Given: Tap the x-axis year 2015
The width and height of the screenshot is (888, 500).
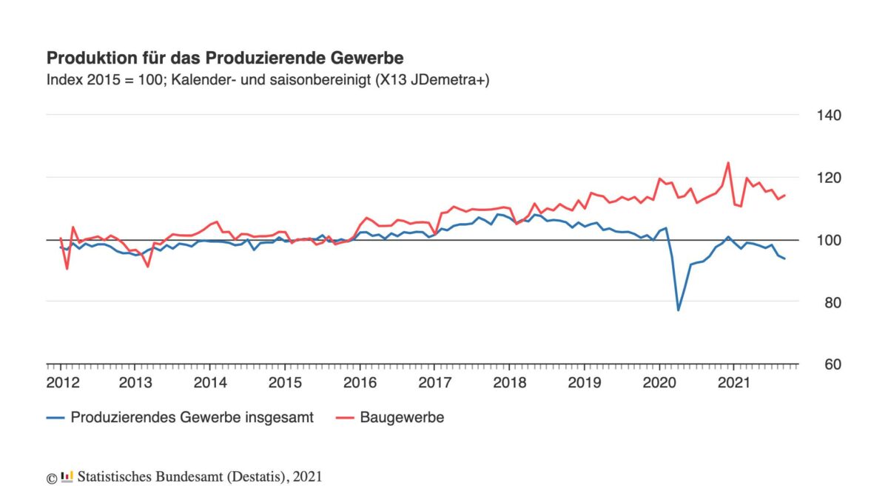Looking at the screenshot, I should (284, 383).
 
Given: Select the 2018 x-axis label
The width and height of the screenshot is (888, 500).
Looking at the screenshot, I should (509, 383).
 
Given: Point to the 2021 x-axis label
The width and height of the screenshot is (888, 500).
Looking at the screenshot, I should (733, 383).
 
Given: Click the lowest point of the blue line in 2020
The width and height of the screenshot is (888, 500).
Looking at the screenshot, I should (678, 310).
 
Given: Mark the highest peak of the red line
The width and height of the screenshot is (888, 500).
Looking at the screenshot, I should (728, 163).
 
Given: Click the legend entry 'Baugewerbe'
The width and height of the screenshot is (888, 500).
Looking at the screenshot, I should (402, 418).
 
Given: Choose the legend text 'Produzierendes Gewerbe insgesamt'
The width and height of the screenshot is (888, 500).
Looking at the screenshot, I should (192, 418).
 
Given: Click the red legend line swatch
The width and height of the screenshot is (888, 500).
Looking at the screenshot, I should (344, 418).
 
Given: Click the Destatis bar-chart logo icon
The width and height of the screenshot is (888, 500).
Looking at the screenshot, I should (67, 476).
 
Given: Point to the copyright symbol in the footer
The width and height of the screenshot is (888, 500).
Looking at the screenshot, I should (51, 478).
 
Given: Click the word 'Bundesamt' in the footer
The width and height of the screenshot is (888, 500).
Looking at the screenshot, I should (185, 477).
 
